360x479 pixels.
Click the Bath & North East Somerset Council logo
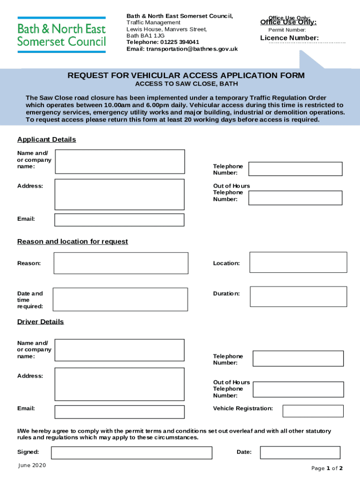coord(61,35)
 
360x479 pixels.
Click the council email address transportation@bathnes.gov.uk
coord(182,49)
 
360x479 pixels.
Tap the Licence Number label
coord(289,38)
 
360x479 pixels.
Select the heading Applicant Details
coord(46,139)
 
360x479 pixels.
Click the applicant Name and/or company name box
coord(120,161)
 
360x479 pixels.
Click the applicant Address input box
coord(120,194)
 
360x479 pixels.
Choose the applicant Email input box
coord(120,220)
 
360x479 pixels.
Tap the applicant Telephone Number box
coord(296,169)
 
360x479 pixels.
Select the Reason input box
coord(121,263)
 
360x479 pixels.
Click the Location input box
coord(298,262)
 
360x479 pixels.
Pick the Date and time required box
coord(120,299)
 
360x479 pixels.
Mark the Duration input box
coord(298,296)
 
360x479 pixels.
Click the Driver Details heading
coord(40,321)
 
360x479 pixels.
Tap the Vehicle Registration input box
coord(313,411)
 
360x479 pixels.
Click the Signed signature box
coord(131,452)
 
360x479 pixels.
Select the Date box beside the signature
coord(300,452)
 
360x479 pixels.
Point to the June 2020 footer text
coord(32,465)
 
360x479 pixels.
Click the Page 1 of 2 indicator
coord(327,468)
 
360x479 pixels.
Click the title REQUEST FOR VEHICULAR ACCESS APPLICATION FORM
coord(186,75)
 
